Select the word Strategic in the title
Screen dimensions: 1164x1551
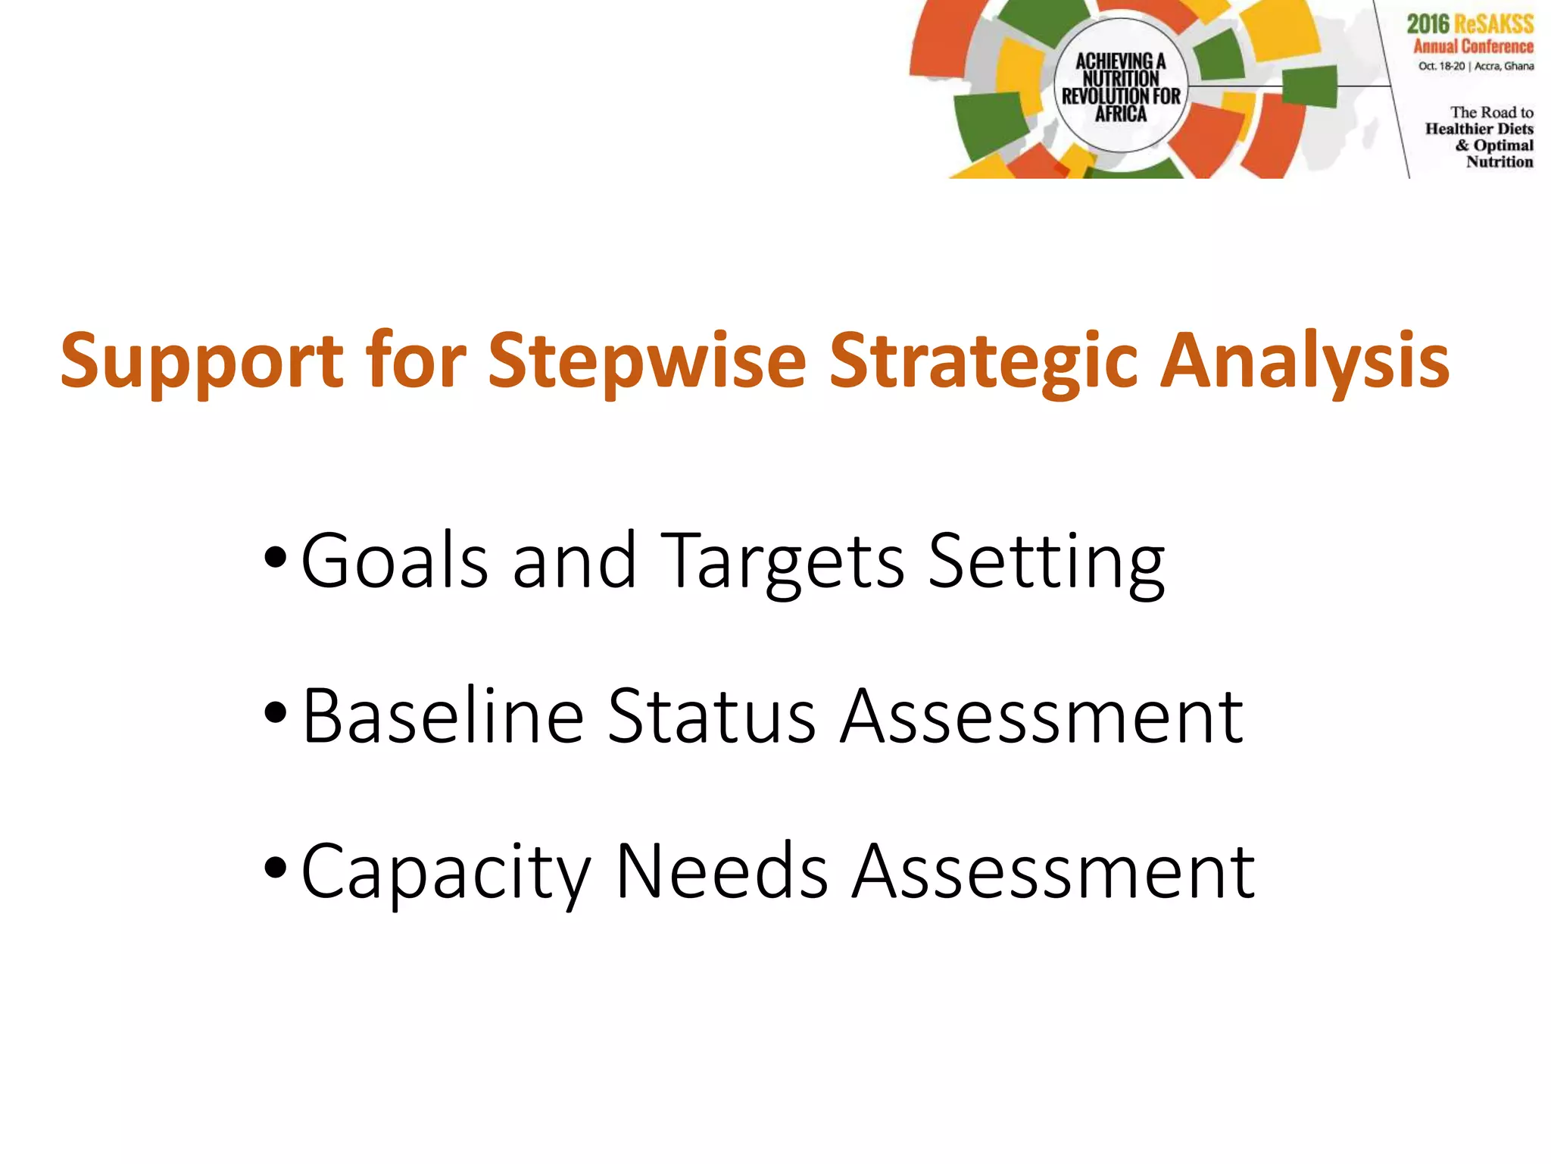[983, 362]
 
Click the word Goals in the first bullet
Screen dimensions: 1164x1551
[395, 561]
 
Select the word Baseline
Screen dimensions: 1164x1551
[443, 716]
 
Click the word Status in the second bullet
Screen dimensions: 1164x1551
[712, 716]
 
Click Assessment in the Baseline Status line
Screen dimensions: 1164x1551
[1042, 716]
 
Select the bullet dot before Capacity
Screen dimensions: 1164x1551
[276, 868]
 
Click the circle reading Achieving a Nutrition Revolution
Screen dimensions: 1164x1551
[1121, 86]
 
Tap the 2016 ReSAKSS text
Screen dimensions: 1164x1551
[1470, 23]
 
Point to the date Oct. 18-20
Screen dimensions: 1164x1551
[1441, 67]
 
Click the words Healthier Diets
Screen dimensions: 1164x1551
[1479, 129]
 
